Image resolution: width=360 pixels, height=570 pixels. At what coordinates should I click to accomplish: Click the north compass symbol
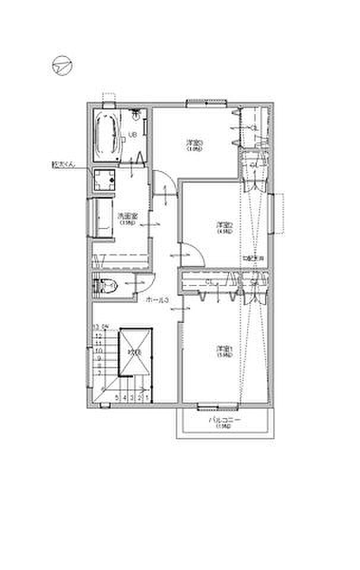tap(61, 66)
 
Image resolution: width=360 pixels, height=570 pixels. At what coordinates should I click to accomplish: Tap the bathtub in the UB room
tap(108, 137)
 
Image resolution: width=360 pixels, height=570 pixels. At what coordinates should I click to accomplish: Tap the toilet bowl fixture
tap(108, 287)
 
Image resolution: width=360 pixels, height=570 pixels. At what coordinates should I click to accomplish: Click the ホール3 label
tap(158, 300)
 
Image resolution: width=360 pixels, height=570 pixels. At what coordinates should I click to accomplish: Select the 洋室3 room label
tap(194, 145)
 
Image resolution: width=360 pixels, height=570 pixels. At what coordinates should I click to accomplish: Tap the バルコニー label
tap(224, 422)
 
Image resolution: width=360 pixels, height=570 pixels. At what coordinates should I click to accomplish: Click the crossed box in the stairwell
tap(137, 353)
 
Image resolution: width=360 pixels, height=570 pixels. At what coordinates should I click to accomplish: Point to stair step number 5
tap(118, 398)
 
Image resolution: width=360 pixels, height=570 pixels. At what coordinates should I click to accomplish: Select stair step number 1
tap(146, 398)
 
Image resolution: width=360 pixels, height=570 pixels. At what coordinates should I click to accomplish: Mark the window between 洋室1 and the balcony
tap(217, 407)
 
